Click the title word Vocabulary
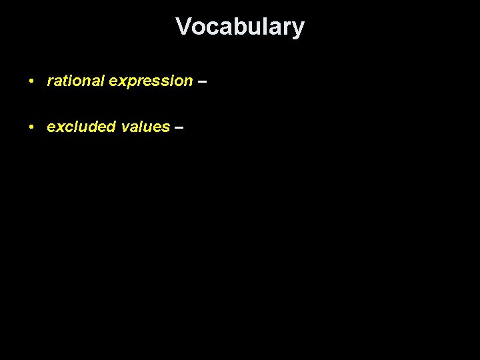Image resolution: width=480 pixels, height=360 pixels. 240,27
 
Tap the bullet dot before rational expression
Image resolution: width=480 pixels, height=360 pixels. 31,81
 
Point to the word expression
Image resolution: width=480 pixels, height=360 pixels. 151,81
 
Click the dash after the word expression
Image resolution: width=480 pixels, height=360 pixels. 203,81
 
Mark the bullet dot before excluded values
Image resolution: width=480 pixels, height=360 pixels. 31,127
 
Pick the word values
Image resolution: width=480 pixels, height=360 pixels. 146,127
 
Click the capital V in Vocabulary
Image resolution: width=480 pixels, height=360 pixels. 183,27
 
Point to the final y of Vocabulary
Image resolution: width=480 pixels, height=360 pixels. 298,29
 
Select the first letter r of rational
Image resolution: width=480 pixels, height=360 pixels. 49,81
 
